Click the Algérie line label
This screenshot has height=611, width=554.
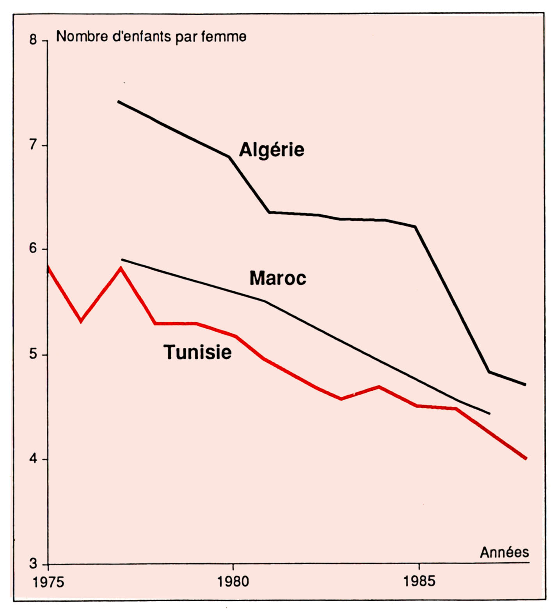click(x=272, y=150)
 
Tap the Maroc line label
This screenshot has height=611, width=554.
click(x=278, y=278)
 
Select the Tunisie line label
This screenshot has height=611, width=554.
click(x=197, y=352)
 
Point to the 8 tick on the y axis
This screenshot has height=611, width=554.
click(x=33, y=40)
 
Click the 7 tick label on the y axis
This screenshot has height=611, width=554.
click(x=33, y=145)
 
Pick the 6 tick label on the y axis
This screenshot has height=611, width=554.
click(x=33, y=248)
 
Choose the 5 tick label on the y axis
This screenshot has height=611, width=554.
click(x=33, y=354)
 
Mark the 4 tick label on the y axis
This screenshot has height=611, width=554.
click(x=33, y=459)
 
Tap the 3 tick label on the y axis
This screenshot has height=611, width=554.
click(x=33, y=563)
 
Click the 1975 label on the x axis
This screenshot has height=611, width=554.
click(x=48, y=582)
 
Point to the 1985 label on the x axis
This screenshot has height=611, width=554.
click(x=419, y=581)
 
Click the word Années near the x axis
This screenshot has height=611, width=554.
click(x=504, y=553)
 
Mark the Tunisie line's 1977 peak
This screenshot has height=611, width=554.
click(x=121, y=268)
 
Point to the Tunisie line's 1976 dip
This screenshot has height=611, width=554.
click(x=81, y=321)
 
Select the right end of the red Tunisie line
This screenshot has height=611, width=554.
click(x=526, y=458)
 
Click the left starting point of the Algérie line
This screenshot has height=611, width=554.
click(x=119, y=102)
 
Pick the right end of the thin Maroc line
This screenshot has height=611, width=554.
click(x=489, y=413)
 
